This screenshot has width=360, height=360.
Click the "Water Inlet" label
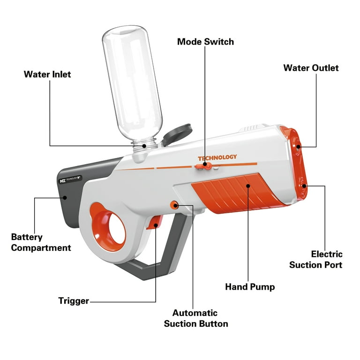[x=47, y=75]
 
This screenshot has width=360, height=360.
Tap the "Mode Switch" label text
[x=205, y=42]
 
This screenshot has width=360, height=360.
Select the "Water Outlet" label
[x=311, y=68]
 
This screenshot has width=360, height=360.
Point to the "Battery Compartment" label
[x=41, y=242]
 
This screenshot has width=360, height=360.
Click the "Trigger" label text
[x=74, y=301]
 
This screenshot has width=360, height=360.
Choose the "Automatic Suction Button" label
[x=196, y=318]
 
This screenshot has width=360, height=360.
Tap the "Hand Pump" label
[x=250, y=287]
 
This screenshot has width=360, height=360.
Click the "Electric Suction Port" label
[x=315, y=259]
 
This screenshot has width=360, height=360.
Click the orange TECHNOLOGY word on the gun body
[x=217, y=157]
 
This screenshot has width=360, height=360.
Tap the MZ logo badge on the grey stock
[x=70, y=179]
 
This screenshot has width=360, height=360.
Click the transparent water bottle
[x=133, y=87]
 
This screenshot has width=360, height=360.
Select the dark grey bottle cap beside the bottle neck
[x=177, y=134]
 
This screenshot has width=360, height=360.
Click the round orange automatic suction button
[x=174, y=205]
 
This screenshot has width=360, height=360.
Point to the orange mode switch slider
[x=204, y=166]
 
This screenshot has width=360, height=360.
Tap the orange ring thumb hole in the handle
[x=107, y=227]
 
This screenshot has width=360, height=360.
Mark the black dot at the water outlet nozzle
[x=298, y=147]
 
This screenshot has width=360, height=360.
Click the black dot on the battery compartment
[x=65, y=198]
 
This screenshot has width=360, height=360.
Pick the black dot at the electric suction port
[x=304, y=186]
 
